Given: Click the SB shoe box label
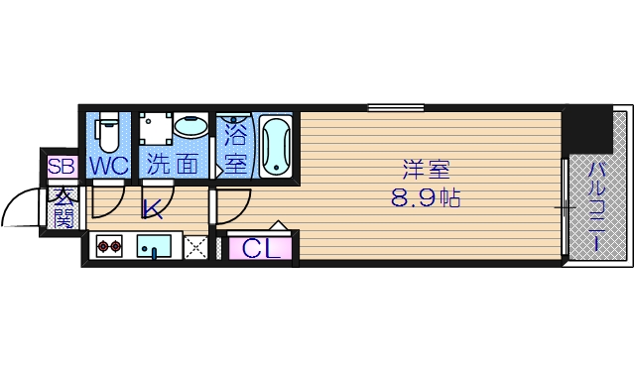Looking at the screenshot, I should click(61, 167).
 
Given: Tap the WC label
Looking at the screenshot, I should click(108, 166).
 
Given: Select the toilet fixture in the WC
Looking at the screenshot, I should click(108, 131).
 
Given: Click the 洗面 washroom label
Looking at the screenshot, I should click(173, 166).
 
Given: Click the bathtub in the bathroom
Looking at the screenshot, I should click(276, 146).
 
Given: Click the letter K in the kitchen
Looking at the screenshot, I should click(152, 210).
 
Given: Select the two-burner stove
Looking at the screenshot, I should click(108, 246).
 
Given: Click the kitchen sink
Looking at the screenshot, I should click(155, 246).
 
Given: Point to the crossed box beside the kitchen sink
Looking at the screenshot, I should click(196, 247).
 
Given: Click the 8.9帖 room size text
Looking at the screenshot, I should click(424, 197).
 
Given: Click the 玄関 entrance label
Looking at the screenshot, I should click(62, 207).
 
